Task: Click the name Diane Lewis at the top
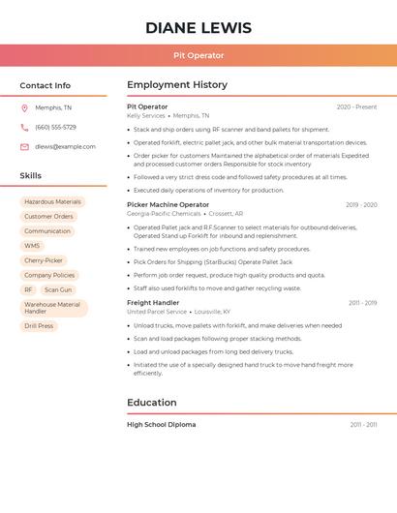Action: pos(198,28)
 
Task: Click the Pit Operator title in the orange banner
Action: pos(198,56)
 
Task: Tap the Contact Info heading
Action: pos(46,85)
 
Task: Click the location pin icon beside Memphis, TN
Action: pos(24,107)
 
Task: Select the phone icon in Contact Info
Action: pos(24,127)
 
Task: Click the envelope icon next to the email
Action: pos(24,147)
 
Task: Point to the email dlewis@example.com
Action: pos(65,147)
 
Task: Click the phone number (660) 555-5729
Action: pos(55,127)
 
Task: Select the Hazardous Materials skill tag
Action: pos(52,202)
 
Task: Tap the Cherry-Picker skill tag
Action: pos(44,260)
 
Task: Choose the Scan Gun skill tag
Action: pos(58,289)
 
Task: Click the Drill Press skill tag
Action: pos(39,326)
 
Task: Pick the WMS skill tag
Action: pos(32,246)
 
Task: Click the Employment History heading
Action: pos(177,85)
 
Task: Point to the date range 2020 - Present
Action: pos(356,106)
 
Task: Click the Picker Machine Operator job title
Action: pos(168,204)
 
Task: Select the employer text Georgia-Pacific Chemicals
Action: pos(164,214)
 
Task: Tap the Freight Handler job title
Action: pos(153,303)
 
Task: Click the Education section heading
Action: pos(152,403)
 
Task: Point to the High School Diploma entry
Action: pos(161,425)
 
